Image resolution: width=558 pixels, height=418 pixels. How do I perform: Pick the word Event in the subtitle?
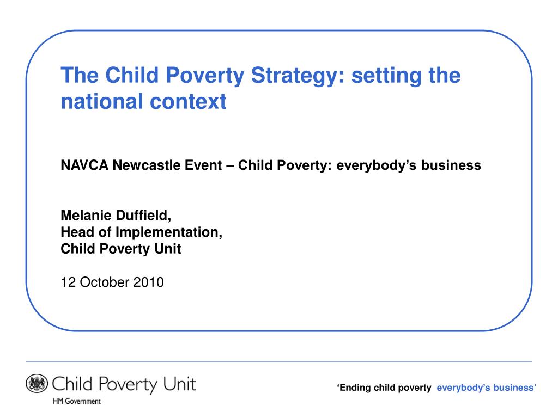pyautogui.click(x=202, y=165)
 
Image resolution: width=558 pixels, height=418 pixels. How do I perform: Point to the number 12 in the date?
pyautogui.click(x=67, y=282)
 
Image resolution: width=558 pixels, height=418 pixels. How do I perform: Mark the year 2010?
pyautogui.click(x=148, y=282)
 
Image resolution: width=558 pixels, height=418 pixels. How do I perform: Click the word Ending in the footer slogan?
pyautogui.click(x=354, y=388)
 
